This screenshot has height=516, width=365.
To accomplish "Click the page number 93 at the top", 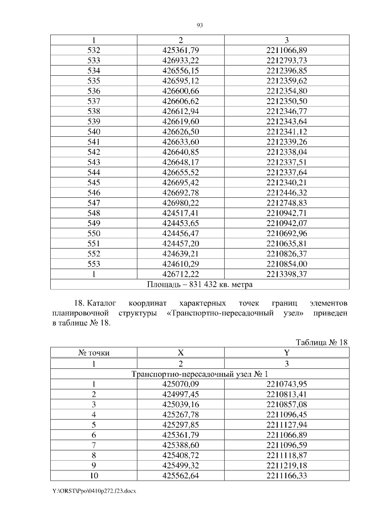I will [x=200, y=25].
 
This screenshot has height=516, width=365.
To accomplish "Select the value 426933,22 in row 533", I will [x=180, y=60].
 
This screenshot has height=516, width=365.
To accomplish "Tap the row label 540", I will [x=94, y=131].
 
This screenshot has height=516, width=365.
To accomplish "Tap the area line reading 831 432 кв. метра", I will [x=200, y=283].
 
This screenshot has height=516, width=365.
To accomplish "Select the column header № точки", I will [x=94, y=353].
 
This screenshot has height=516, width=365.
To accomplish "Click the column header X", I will [x=180, y=353].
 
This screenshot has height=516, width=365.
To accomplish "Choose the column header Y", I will [x=286, y=353].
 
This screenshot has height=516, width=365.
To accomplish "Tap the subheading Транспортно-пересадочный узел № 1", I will [x=200, y=374].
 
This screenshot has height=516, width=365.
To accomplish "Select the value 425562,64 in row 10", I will [x=180, y=475].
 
